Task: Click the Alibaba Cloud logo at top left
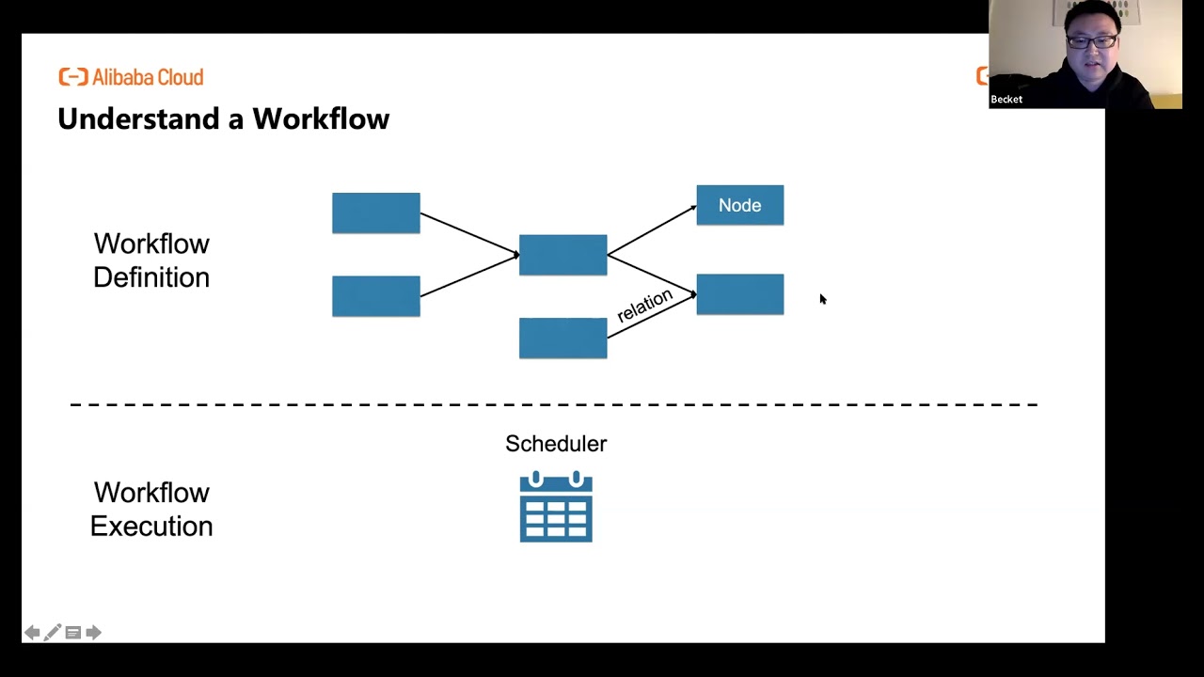click(x=131, y=77)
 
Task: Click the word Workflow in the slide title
click(x=321, y=119)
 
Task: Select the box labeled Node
click(x=739, y=205)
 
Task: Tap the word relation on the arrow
click(x=644, y=306)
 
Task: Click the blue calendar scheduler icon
click(x=556, y=508)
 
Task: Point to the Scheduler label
click(x=556, y=444)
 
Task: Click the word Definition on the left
click(x=151, y=277)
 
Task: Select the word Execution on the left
click(x=151, y=527)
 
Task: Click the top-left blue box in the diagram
click(x=375, y=213)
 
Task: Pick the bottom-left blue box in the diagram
click(x=375, y=295)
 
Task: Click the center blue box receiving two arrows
click(x=562, y=255)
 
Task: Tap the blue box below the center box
click(x=562, y=338)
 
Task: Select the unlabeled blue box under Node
click(x=739, y=294)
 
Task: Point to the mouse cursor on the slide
click(x=822, y=299)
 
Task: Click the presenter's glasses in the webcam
click(x=1092, y=41)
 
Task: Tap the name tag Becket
click(x=1006, y=100)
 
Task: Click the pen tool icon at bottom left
click(x=53, y=633)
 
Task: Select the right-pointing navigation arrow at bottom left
click(x=93, y=633)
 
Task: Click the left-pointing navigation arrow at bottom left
click(x=32, y=633)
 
